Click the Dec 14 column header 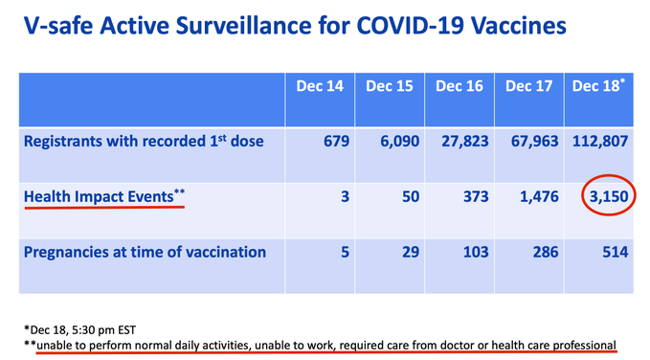point(323,87)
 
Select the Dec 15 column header point(391,87)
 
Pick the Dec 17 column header point(530,87)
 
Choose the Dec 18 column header point(598,87)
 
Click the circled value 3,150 point(605,196)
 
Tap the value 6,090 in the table point(394,142)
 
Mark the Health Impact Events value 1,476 point(535,196)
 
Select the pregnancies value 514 point(613,253)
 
